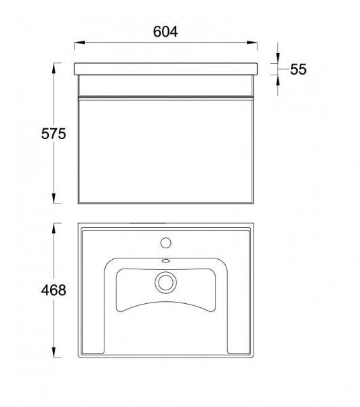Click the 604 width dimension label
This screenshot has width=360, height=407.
pos(165,32)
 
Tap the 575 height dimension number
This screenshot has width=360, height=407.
pos(54,134)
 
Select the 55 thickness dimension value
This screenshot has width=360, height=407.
pos(298,69)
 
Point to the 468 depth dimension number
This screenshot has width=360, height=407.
pos(54,290)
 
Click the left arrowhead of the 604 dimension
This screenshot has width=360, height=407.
pos(79,43)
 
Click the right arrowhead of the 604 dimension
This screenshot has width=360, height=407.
pos(252,43)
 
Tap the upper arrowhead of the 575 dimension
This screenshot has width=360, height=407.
pos(54,69)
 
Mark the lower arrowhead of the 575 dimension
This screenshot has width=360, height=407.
pos(54,198)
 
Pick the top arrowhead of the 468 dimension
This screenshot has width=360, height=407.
pos(54,228)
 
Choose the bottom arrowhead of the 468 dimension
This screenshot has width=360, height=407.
pos(54,353)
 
